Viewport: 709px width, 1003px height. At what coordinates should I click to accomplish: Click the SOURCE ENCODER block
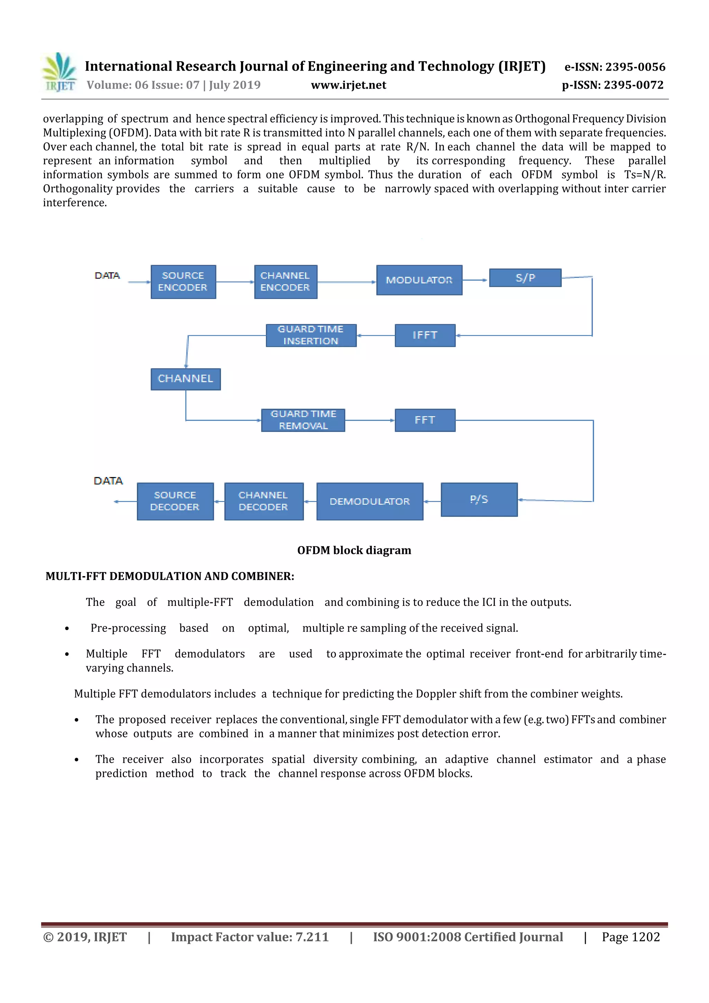(183, 282)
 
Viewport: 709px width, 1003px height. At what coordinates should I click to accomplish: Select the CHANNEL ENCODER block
(285, 282)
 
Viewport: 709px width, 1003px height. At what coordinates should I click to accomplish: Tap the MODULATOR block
(419, 280)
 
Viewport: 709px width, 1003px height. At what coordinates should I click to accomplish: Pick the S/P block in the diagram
(525, 278)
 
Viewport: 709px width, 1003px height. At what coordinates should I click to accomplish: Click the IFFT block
(425, 335)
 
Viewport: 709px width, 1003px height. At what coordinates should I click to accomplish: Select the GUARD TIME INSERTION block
(311, 335)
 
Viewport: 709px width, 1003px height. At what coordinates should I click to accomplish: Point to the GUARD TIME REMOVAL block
(303, 420)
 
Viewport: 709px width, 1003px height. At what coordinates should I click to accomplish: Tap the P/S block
(479, 500)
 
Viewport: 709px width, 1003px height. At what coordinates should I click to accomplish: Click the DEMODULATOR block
(370, 501)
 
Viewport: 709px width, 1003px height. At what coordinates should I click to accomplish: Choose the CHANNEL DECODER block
(263, 501)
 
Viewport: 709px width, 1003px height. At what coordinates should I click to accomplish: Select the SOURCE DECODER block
(175, 501)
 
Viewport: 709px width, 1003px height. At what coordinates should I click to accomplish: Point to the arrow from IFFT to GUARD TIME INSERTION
(376, 335)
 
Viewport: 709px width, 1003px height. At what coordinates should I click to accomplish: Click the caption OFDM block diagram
(354, 550)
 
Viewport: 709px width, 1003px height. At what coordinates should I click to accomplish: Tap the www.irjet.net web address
(348, 85)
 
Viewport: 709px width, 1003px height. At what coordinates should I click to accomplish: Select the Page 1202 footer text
(630, 937)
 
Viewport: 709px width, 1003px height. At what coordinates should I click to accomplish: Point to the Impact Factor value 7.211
(250, 937)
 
